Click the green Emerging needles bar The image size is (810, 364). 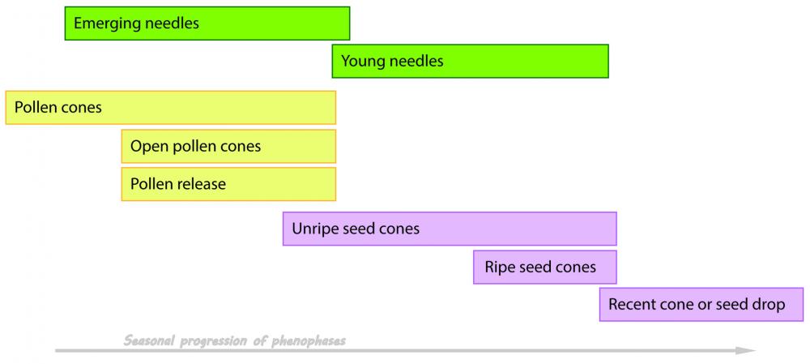[207, 24]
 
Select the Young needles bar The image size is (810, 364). [470, 61]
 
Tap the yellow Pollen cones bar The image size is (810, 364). [170, 108]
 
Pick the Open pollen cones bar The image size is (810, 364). [228, 147]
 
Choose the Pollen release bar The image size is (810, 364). [228, 184]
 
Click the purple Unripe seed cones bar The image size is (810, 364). [450, 229]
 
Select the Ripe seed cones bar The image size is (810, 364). [544, 267]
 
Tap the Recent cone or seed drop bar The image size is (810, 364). [701, 305]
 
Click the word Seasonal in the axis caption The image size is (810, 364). [149, 340]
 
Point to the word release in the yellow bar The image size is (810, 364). [201, 184]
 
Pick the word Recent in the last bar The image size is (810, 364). [632, 305]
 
